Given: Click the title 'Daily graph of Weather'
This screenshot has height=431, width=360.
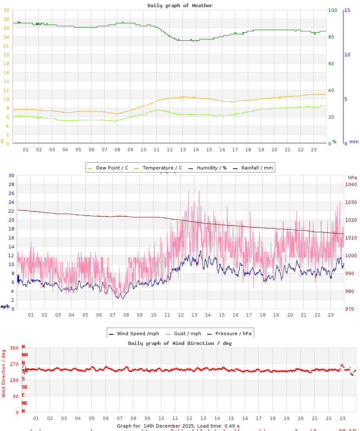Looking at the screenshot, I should click(180, 6).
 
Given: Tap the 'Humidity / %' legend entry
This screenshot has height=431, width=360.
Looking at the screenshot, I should click(207, 168).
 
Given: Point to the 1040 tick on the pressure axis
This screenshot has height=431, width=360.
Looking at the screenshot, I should click(351, 184).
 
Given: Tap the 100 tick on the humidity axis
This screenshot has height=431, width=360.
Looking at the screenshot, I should click(332, 10).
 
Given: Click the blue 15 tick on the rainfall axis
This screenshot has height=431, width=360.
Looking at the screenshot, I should click(347, 10).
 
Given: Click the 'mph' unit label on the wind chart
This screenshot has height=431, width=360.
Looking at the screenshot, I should click(5, 306).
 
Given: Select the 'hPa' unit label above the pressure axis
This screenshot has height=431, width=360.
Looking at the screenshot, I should click(352, 178).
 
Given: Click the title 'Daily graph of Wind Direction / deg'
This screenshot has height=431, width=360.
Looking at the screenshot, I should click(180, 343).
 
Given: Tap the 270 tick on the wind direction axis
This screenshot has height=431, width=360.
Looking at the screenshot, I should click(14, 364).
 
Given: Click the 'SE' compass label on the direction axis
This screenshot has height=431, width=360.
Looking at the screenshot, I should click(25, 387).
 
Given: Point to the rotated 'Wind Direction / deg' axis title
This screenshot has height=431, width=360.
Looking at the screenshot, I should click(4, 373).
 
